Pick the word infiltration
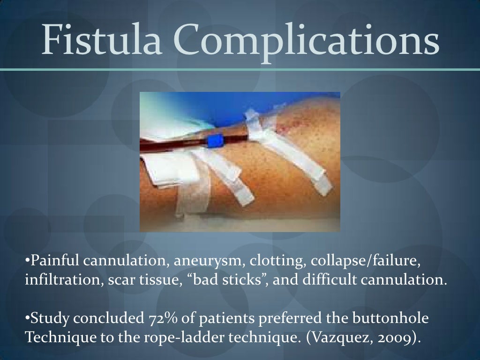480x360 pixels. [x=56, y=280]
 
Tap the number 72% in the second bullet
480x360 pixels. [x=159, y=319]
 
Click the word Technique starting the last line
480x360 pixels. [x=55, y=339]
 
